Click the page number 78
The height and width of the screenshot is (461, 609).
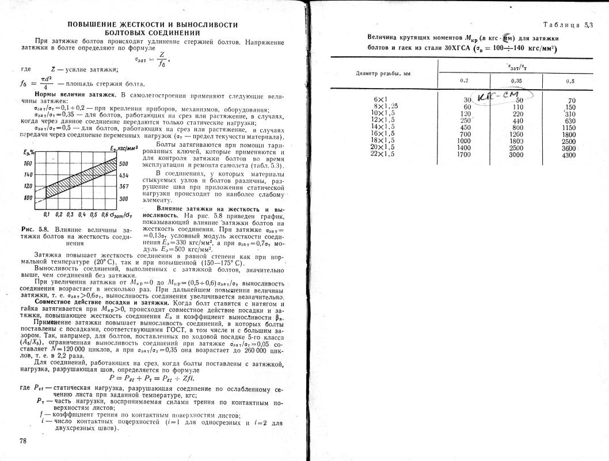tap(24, 441)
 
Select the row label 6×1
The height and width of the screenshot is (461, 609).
tap(382, 100)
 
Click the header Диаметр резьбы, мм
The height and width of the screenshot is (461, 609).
tap(383, 74)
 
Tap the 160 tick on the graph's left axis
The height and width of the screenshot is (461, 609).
tap(28, 163)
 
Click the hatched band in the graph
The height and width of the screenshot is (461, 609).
tap(81, 176)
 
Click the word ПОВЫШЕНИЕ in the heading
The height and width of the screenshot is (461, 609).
tap(92, 25)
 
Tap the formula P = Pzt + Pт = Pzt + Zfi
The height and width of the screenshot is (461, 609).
tap(152, 378)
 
